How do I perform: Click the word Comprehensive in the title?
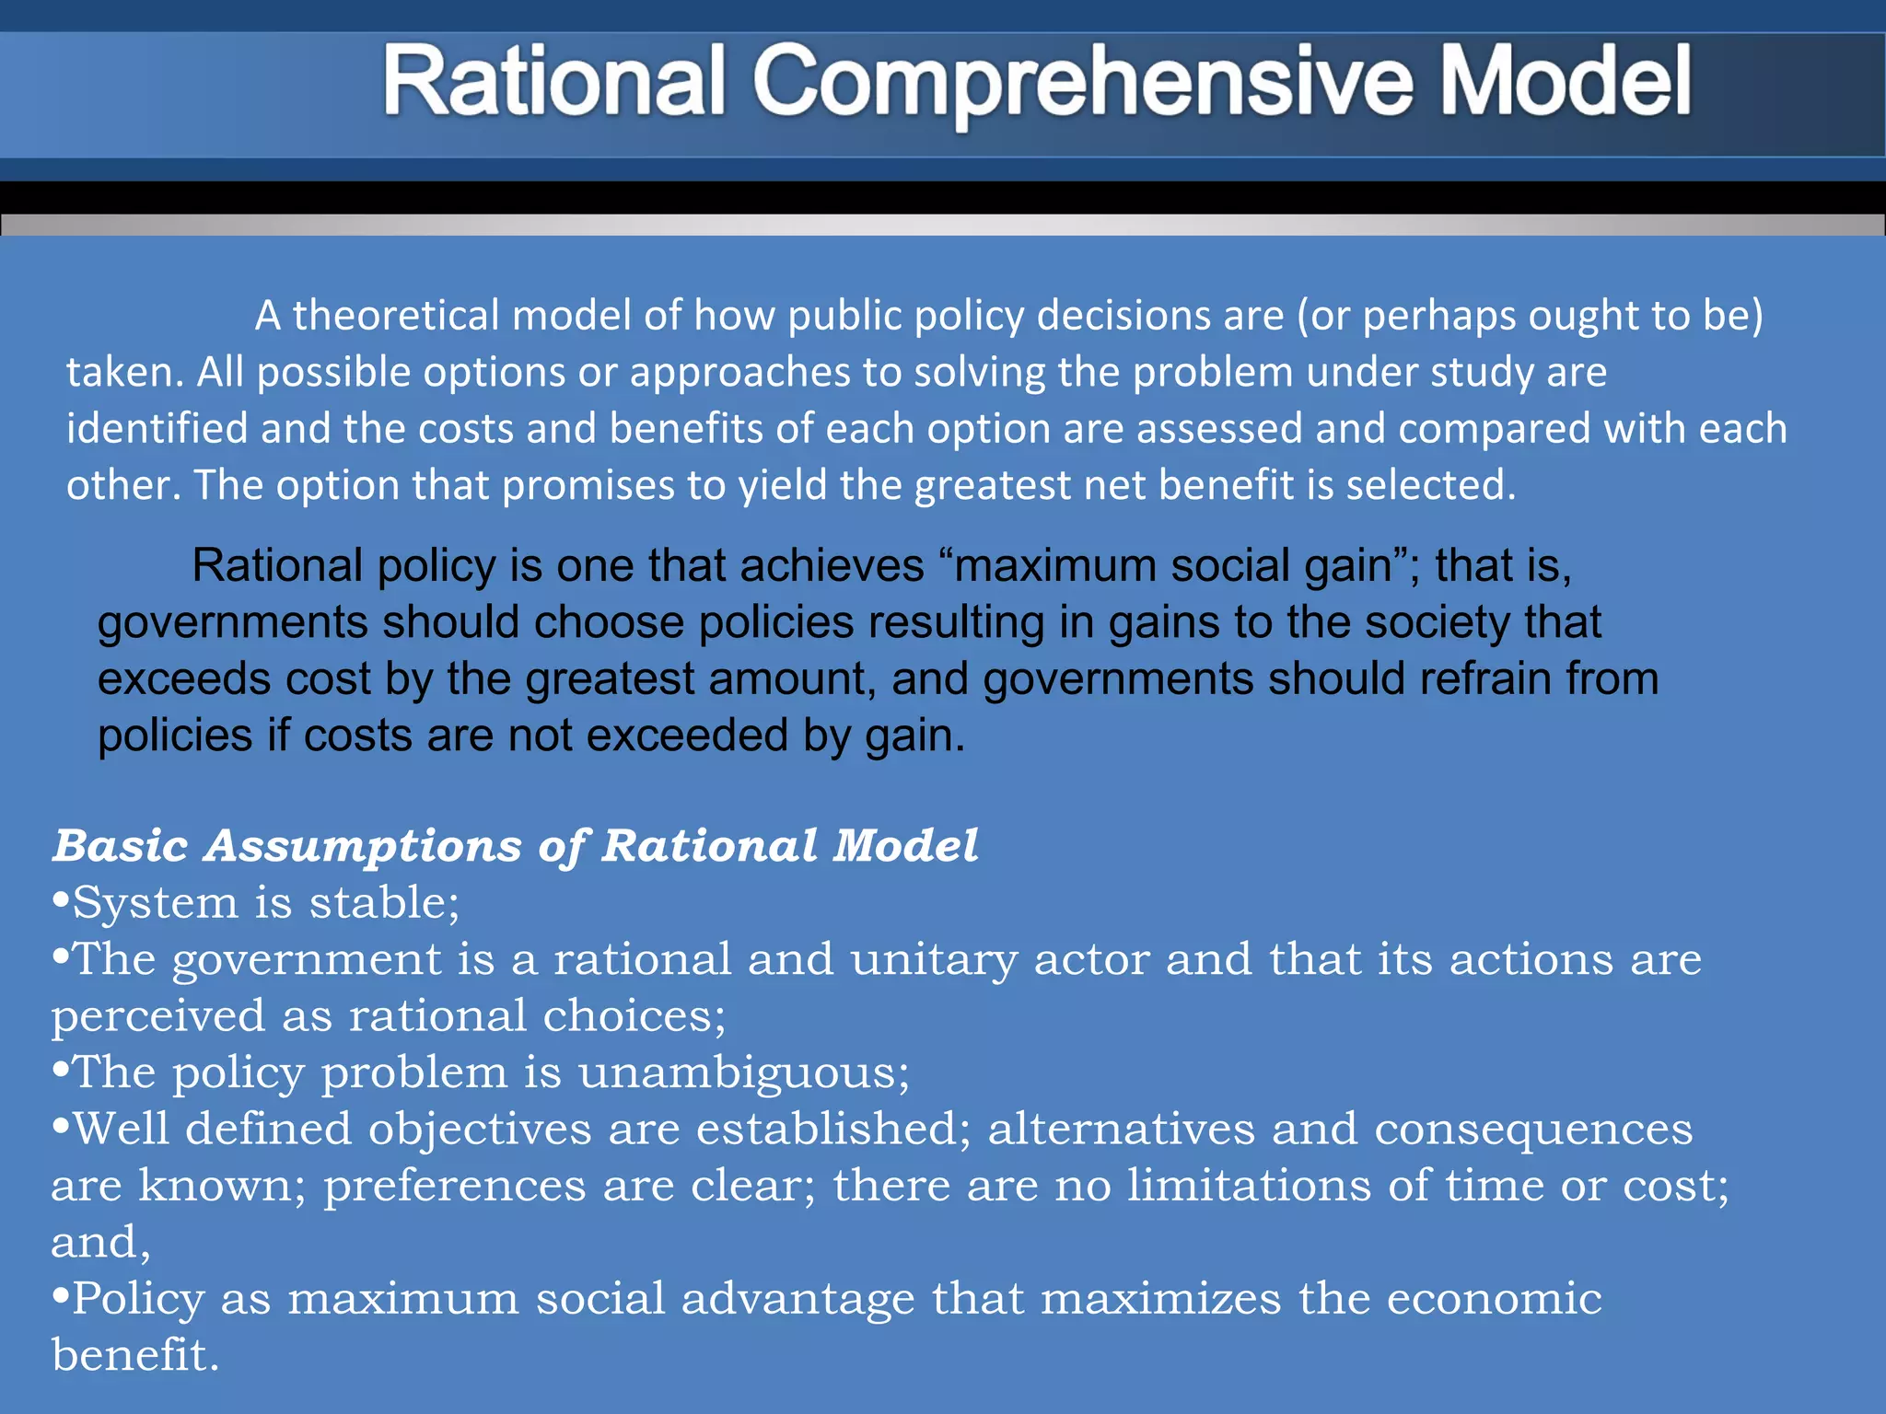click(1083, 83)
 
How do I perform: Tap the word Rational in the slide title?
click(553, 83)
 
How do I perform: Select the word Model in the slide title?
click(1565, 83)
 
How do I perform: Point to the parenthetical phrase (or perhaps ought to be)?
click(1530, 316)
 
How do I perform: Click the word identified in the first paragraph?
click(157, 429)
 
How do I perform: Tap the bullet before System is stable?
click(61, 901)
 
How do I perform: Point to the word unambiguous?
click(742, 1072)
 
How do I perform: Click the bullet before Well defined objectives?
click(61, 1127)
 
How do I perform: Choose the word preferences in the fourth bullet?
click(454, 1186)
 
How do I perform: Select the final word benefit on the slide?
click(134, 1355)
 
